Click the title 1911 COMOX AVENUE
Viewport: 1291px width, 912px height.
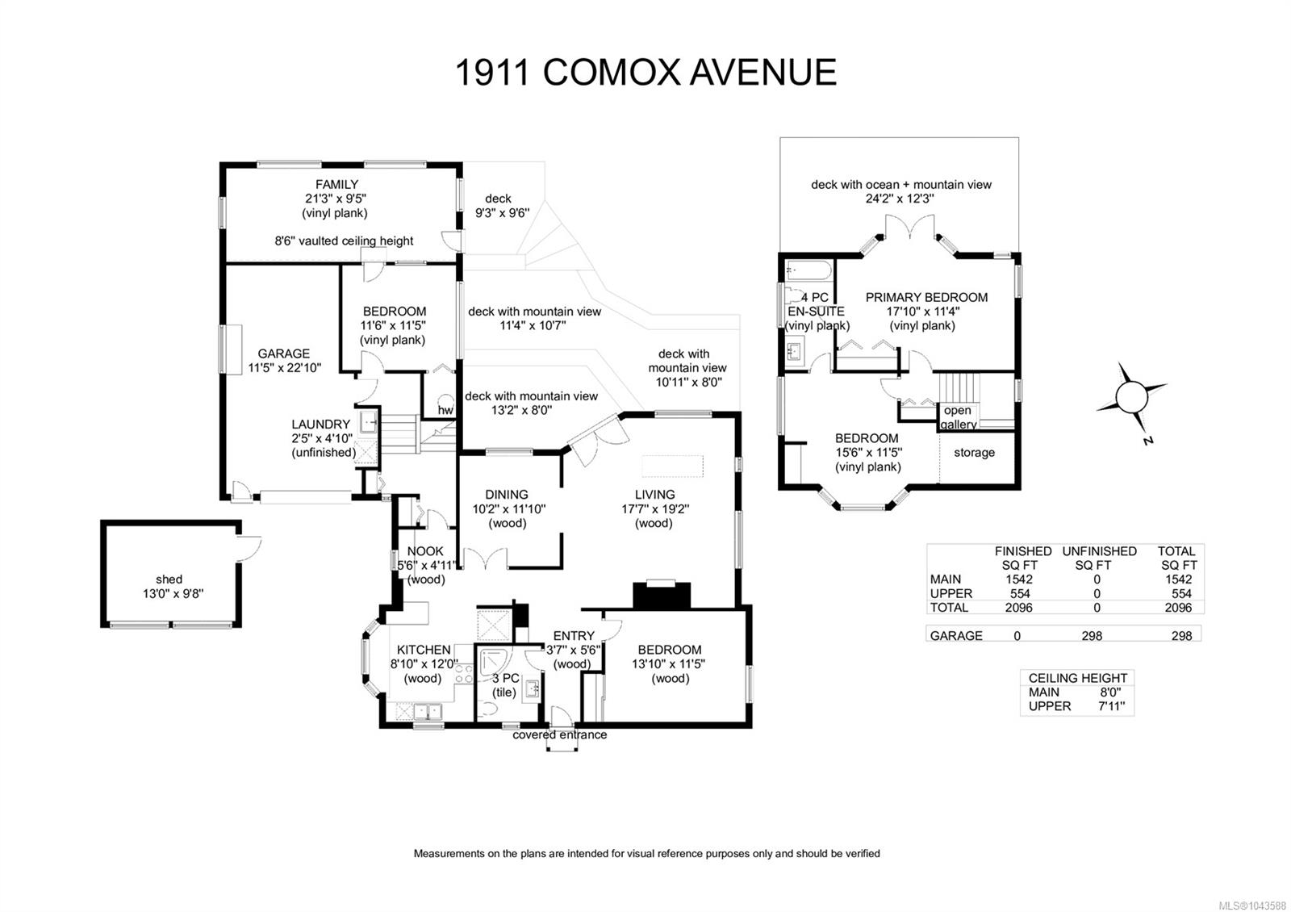tap(645, 73)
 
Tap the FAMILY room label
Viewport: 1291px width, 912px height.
tap(336, 185)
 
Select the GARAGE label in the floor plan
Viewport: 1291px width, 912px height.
tap(283, 354)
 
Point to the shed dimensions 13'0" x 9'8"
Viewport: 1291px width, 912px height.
tap(173, 593)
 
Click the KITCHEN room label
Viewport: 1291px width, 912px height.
tap(424, 650)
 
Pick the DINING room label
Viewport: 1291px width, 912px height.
tap(507, 495)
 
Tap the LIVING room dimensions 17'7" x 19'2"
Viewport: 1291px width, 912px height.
tap(655, 509)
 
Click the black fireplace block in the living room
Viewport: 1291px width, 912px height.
tap(662, 596)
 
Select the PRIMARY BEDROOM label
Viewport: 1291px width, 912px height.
tap(927, 298)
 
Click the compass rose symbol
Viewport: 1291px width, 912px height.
tap(1131, 398)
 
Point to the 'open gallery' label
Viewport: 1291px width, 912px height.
tap(959, 417)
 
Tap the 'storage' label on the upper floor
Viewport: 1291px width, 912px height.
tap(974, 453)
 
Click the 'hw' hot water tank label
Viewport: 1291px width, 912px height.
tap(445, 410)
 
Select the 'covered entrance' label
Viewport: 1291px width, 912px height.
tap(560, 734)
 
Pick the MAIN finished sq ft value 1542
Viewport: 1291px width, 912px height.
tap(1018, 579)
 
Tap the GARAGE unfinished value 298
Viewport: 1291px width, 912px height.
tap(1092, 635)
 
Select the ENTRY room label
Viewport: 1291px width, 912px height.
tap(574, 635)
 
